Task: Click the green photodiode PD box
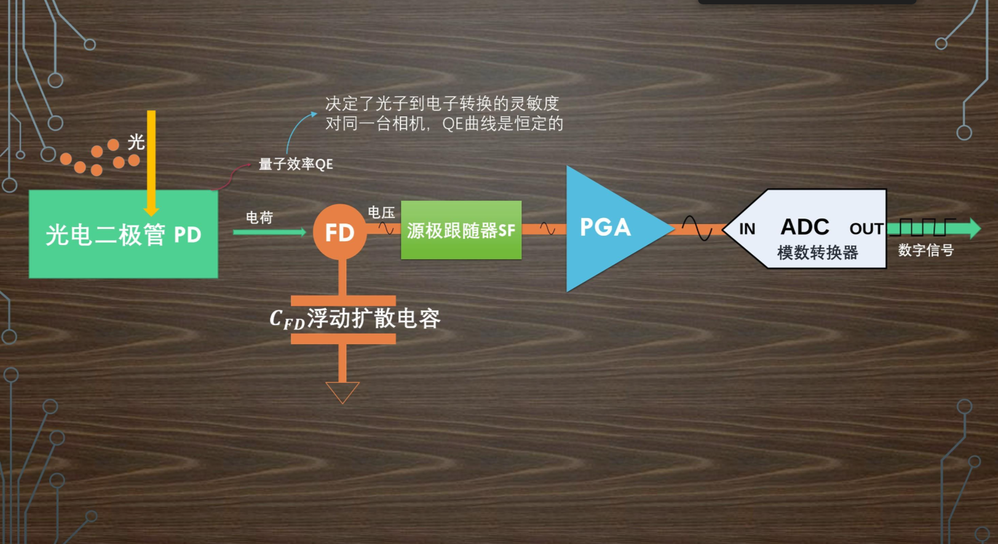coord(123,234)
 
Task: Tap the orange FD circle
coord(339,232)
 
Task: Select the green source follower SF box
coord(461,230)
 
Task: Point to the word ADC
coord(805,227)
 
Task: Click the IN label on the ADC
coord(747,230)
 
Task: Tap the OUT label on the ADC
coord(866,229)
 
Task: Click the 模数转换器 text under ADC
coord(817,252)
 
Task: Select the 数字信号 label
coord(925,250)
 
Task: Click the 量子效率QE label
coord(296,164)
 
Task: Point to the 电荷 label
coord(259,218)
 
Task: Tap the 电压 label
coord(381,213)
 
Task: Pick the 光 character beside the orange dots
coord(136,142)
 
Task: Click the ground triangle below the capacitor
coord(343,391)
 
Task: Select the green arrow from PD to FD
coord(269,232)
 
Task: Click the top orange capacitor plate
coord(343,301)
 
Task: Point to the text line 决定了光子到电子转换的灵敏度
coord(442,103)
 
